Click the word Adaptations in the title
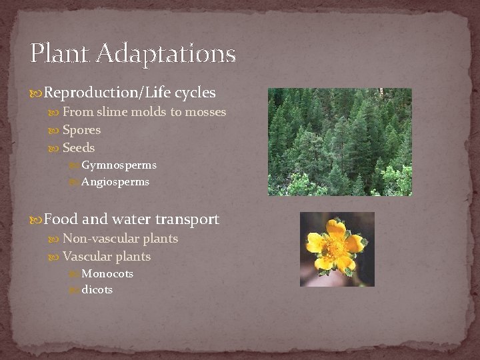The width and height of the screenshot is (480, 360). (x=166, y=53)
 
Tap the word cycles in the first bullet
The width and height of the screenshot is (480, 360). (x=195, y=93)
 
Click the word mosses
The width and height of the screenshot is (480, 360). (x=205, y=112)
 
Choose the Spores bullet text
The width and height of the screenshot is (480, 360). (x=81, y=130)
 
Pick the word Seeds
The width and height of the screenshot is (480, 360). (x=79, y=148)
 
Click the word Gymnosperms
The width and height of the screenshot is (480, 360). (x=119, y=165)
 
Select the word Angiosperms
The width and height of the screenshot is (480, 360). (x=115, y=182)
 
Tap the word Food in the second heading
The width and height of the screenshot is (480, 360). (x=61, y=219)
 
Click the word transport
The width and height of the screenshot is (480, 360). (x=187, y=219)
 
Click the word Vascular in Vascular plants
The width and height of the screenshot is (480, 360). (x=87, y=257)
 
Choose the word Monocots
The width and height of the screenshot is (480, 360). (x=107, y=274)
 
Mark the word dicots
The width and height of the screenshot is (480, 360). (x=97, y=290)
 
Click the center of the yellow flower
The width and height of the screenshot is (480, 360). (x=335, y=248)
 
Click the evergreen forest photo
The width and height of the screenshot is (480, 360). (x=339, y=142)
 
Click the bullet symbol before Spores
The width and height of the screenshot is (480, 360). (x=56, y=131)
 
